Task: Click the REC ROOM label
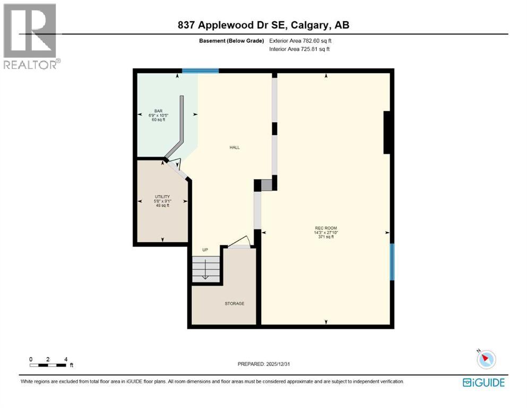pos(326,228)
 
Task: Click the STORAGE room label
pos(234,303)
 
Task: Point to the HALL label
pos(235,148)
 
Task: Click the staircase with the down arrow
pos(205,269)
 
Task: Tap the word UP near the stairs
pos(205,250)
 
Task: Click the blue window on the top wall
pos(201,71)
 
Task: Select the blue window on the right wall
pos(392,261)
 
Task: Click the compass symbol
pos(486,359)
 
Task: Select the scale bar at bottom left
pos(48,365)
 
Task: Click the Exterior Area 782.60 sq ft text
pos(301,41)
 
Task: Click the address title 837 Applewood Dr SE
pos(263,25)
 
